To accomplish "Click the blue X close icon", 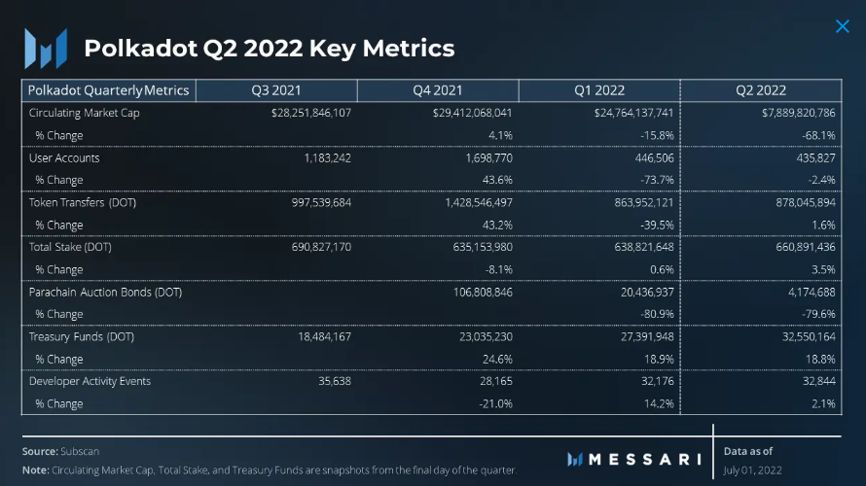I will click(x=843, y=26).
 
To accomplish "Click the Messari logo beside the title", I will click(x=46, y=48).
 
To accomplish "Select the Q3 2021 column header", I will click(x=276, y=90).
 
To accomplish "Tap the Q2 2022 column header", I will click(x=761, y=90).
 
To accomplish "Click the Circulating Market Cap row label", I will click(x=77, y=113).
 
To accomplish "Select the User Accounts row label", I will click(x=64, y=157).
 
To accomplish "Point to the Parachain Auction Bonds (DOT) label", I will click(x=105, y=292).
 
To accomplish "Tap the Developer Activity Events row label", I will click(x=90, y=381).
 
